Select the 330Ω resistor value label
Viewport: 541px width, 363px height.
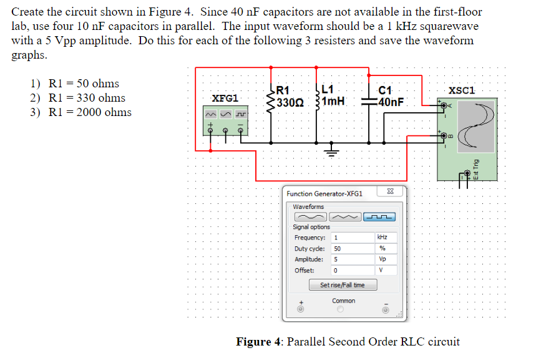pos(290,102)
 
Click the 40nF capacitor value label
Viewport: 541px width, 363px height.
pos(391,102)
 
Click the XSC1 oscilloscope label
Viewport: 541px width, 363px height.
pos(462,90)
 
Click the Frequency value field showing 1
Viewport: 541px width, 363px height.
pos(352,238)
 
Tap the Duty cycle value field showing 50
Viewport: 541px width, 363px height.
pos(352,248)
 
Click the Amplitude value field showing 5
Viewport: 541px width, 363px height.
pos(352,259)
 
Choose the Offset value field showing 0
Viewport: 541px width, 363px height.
pos(352,270)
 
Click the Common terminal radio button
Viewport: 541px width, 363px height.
pos(341,309)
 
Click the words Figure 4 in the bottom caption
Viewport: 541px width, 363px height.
pos(258,342)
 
